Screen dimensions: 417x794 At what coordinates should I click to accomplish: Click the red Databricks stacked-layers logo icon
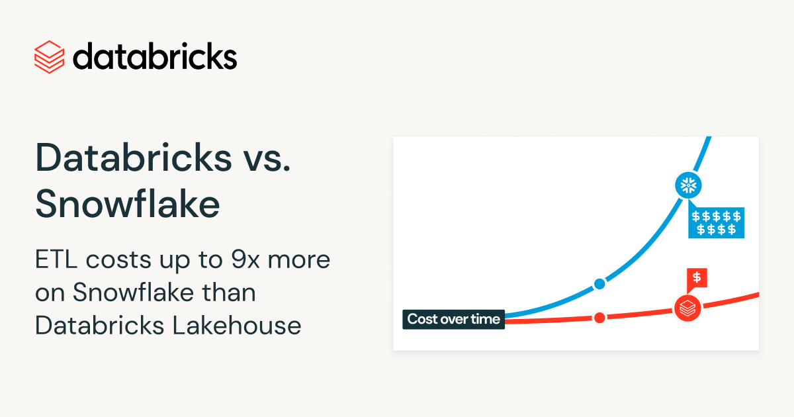49,57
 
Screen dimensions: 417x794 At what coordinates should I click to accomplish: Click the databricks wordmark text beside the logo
155,56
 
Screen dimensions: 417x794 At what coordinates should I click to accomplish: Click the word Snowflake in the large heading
128,205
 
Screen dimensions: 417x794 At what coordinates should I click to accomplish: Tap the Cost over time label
453,319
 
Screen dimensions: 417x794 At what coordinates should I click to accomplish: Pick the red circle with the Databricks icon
687,307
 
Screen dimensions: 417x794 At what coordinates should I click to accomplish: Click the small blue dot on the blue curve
599,284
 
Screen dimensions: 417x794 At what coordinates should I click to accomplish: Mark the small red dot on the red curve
599,318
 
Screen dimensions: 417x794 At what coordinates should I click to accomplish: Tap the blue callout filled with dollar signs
716,223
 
